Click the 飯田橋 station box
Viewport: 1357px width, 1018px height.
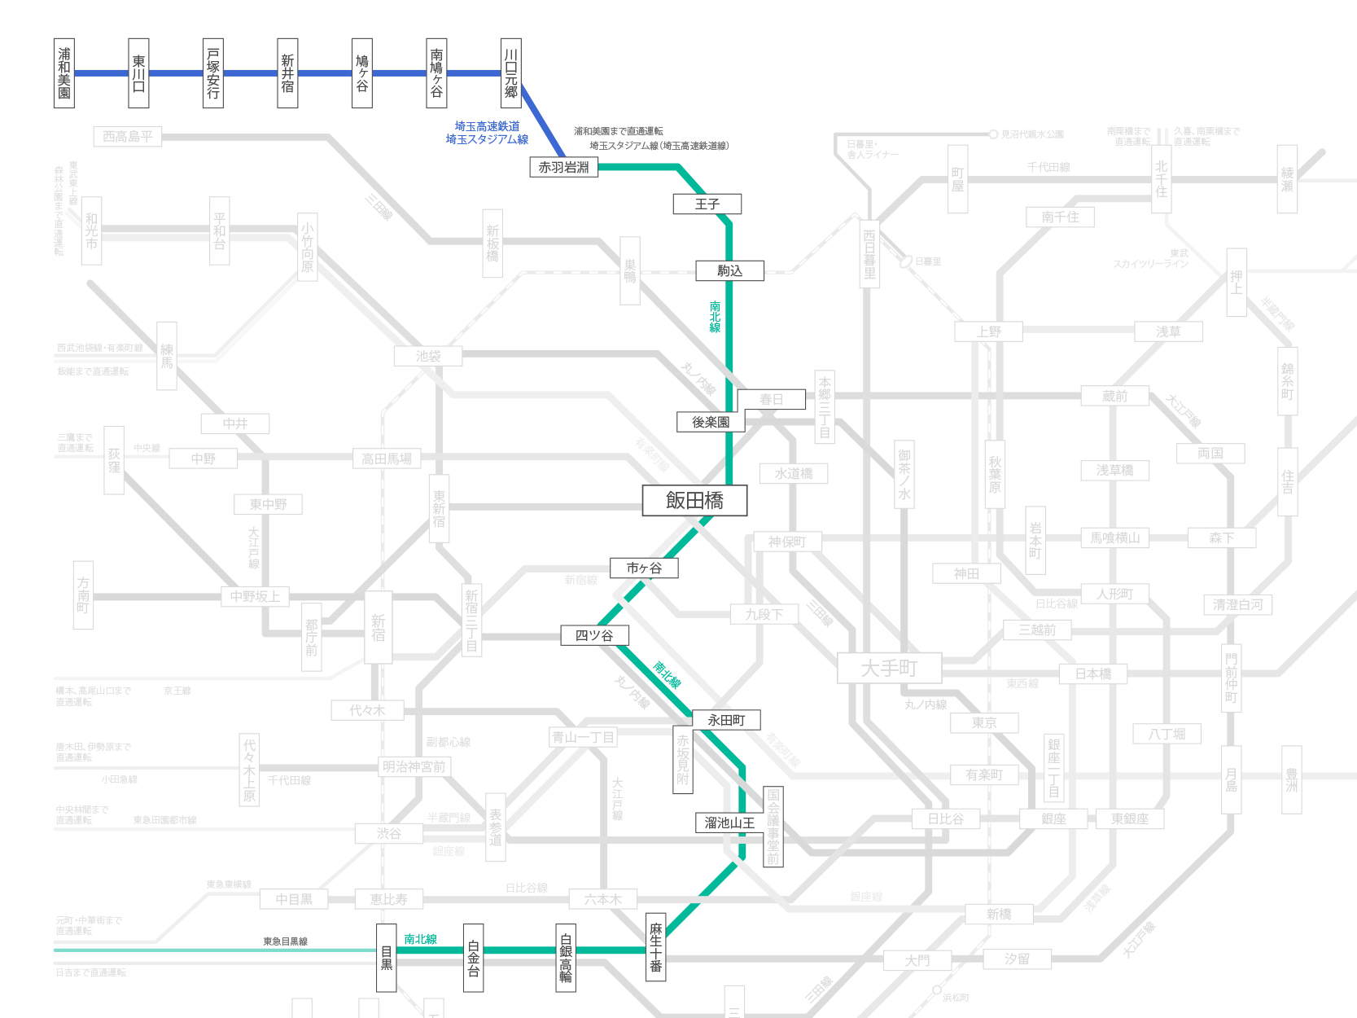pyautogui.click(x=694, y=501)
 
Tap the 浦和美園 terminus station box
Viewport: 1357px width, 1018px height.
pyautogui.click(x=64, y=73)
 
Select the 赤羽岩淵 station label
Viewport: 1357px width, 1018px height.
pyautogui.click(x=564, y=167)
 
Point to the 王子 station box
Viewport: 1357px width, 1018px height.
pyautogui.click(x=707, y=204)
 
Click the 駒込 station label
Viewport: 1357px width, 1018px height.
pyautogui.click(x=729, y=270)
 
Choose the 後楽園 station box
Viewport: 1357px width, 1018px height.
pyautogui.click(x=711, y=422)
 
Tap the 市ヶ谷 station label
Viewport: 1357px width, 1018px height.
pyautogui.click(x=644, y=568)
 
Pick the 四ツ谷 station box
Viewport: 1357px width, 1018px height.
pyautogui.click(x=594, y=635)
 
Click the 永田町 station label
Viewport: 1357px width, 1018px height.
pyautogui.click(x=726, y=720)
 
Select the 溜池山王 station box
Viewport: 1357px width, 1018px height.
pyautogui.click(x=729, y=823)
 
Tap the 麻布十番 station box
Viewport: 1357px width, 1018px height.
pyautogui.click(x=655, y=946)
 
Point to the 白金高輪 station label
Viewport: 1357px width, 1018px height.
pyautogui.click(x=566, y=958)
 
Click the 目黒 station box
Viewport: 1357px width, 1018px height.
pyautogui.click(x=387, y=958)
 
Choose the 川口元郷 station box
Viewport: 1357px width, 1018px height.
pyautogui.click(x=511, y=73)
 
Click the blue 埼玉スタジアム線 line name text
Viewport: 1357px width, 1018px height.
pyautogui.click(x=487, y=139)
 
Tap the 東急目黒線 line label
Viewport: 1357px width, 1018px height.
pyautogui.click(x=285, y=941)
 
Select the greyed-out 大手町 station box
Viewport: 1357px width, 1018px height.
pyautogui.click(x=889, y=669)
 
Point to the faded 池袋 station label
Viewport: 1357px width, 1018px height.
pyautogui.click(x=428, y=356)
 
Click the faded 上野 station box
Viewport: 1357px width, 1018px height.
pyautogui.click(x=989, y=331)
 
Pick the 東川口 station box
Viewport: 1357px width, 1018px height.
pyautogui.click(x=139, y=73)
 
